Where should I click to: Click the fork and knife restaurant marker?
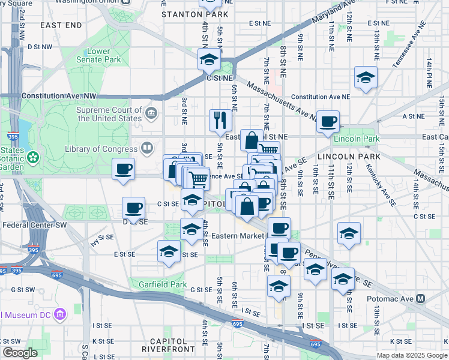[220, 120]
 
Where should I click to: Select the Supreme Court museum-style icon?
[151, 113]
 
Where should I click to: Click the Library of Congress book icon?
[146, 148]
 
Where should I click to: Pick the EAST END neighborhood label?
[61, 25]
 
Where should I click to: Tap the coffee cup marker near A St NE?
[328, 121]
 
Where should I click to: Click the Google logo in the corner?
[20, 353]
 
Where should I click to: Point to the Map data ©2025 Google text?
[411, 355]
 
